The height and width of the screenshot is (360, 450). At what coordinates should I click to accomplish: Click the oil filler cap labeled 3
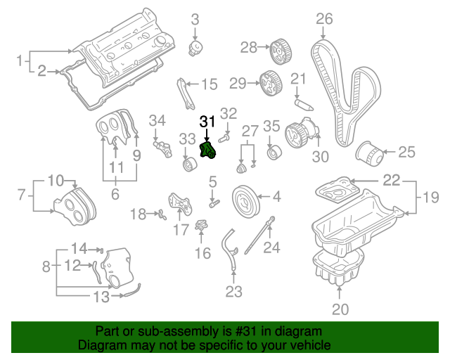(x=196, y=49)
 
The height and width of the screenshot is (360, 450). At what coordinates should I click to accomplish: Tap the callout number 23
(x=233, y=290)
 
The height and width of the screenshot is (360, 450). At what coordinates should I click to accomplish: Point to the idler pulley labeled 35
(x=273, y=153)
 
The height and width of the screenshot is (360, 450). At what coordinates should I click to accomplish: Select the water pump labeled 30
(x=298, y=134)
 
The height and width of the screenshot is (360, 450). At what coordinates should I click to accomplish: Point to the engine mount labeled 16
(x=203, y=229)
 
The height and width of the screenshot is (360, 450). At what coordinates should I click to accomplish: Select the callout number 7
(x=21, y=193)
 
